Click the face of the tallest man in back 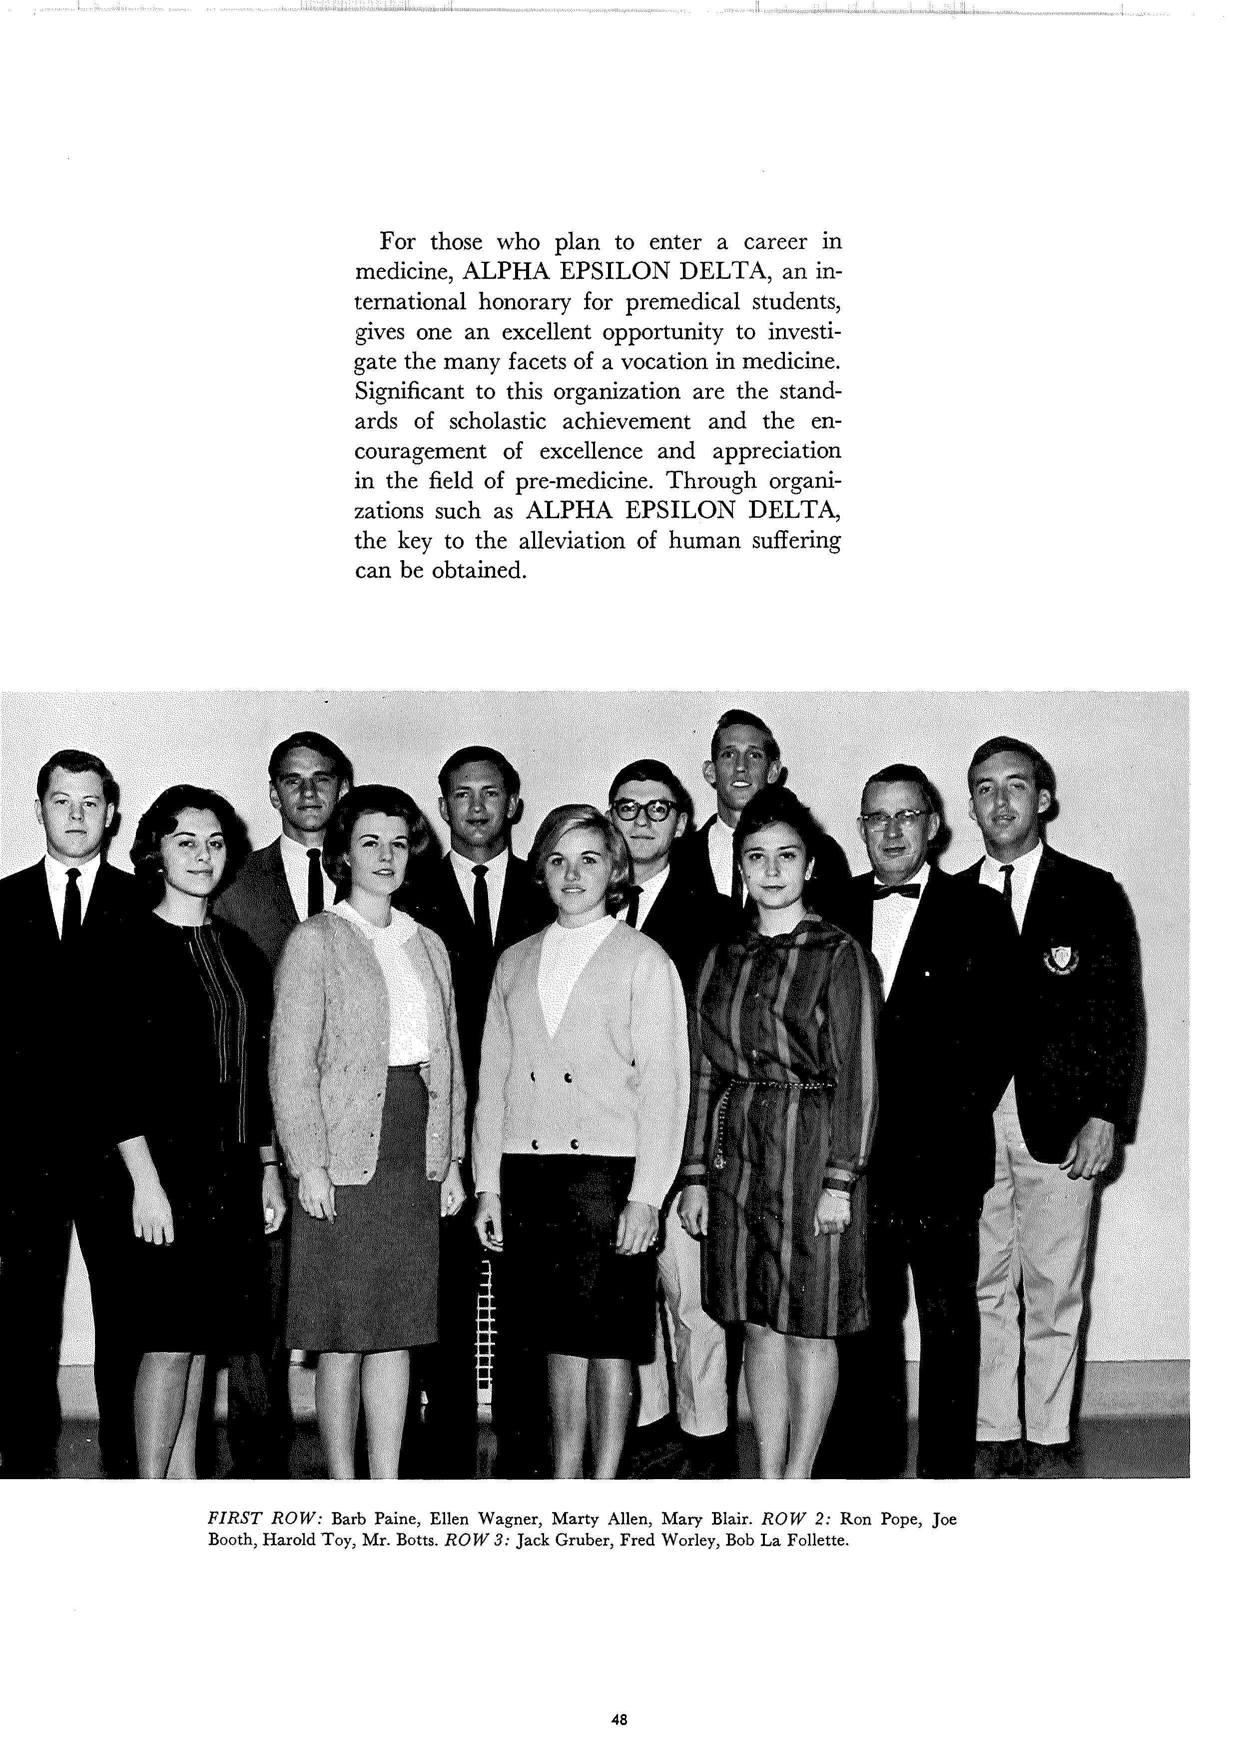(x=740, y=768)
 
